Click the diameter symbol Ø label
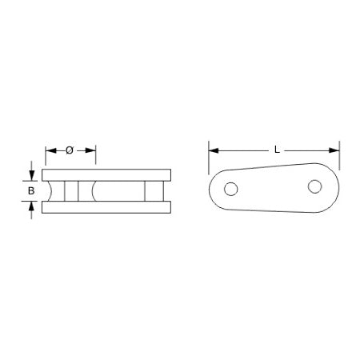[69, 150]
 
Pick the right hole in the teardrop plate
[314, 187]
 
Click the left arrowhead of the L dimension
[213, 150]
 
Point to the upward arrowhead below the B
[31, 206]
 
